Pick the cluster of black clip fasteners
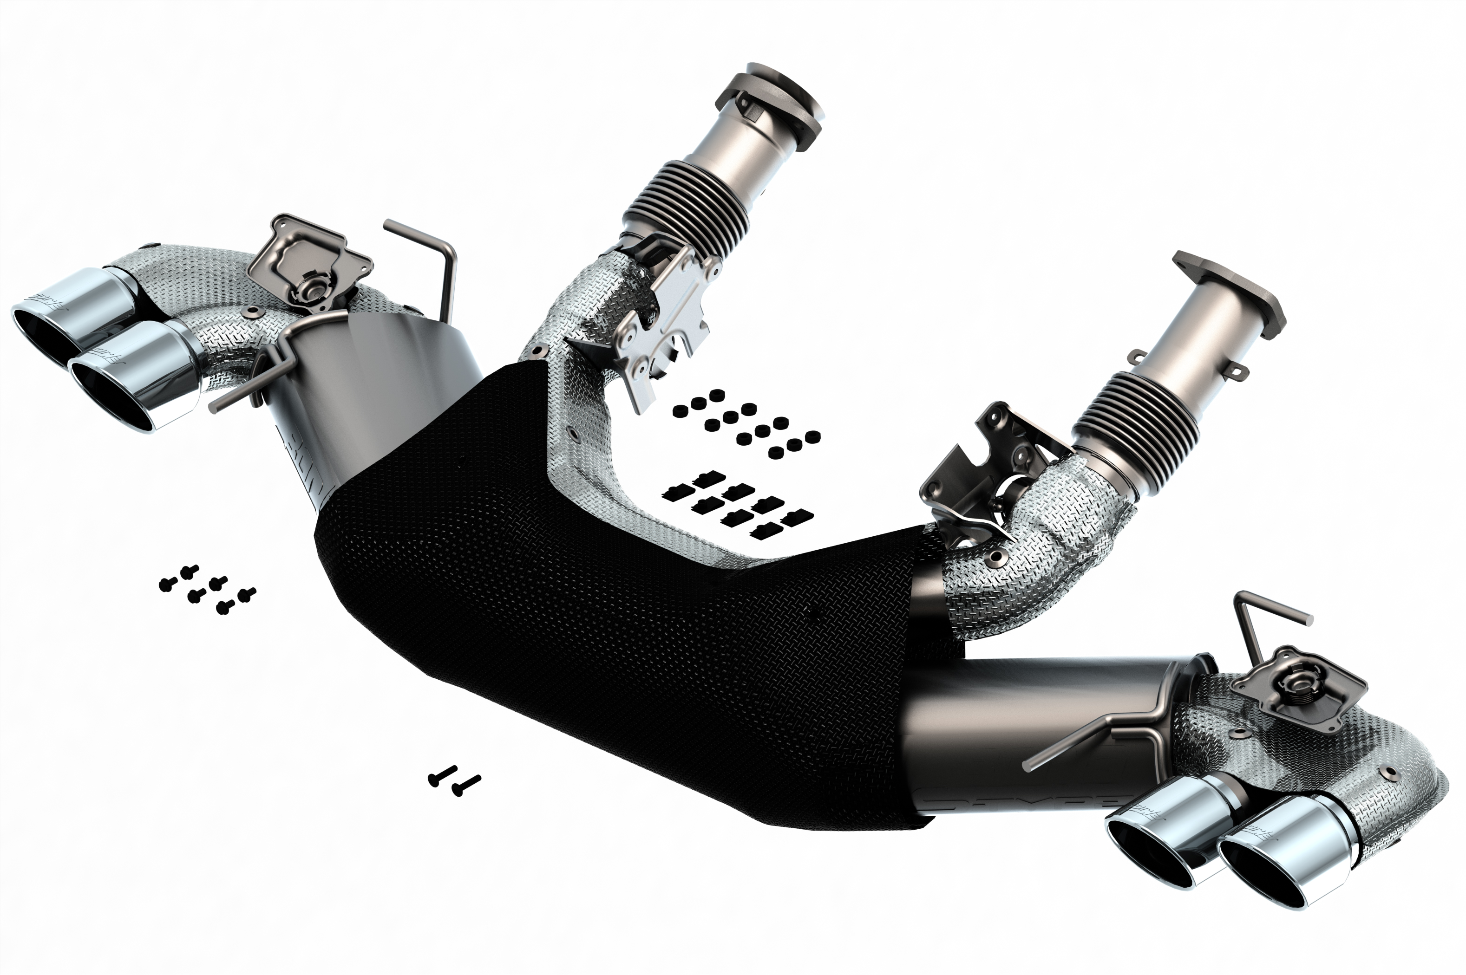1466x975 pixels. tap(737, 504)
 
